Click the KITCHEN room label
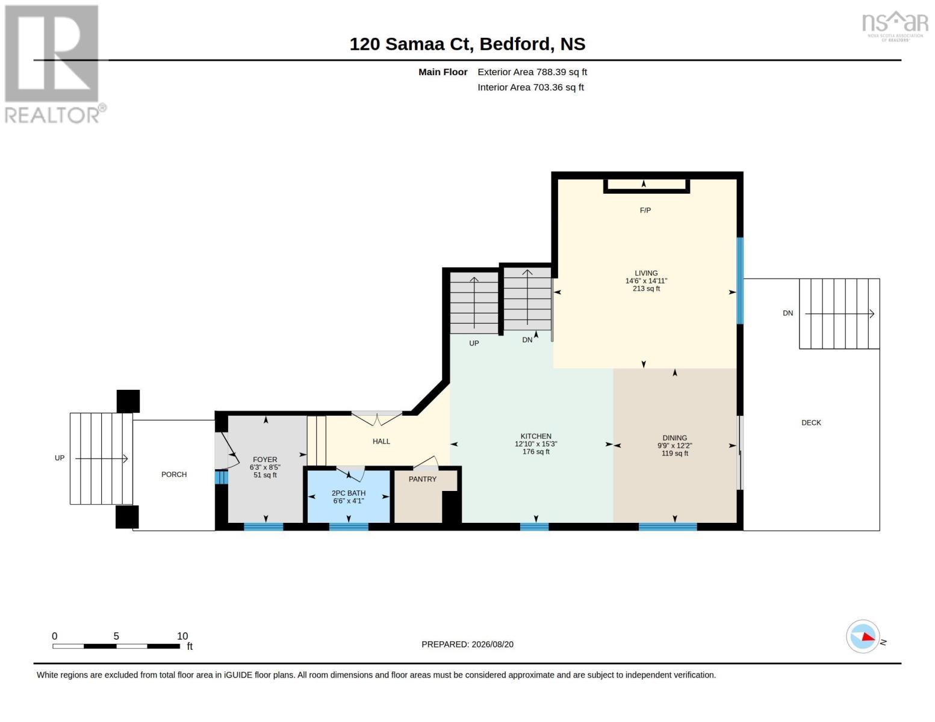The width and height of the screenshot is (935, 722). tap(536, 436)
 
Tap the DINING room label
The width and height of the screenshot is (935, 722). tap(674, 438)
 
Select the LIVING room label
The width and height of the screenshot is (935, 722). tap(646, 273)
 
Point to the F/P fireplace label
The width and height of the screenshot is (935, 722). tap(645, 210)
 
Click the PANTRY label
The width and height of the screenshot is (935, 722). tap(423, 479)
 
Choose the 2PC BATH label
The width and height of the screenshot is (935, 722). tap(349, 493)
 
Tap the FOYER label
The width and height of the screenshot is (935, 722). tap(265, 460)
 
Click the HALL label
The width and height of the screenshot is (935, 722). tap(381, 441)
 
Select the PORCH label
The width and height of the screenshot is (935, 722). tap(174, 474)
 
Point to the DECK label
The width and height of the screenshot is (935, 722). tap(811, 423)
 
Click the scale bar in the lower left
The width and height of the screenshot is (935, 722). tap(116, 646)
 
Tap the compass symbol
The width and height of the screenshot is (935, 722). tap(863, 637)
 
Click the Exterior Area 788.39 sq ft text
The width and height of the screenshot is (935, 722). tap(532, 72)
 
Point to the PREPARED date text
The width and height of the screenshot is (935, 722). tap(467, 644)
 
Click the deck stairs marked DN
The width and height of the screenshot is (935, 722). tap(839, 313)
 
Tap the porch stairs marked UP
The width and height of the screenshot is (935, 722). tap(101, 458)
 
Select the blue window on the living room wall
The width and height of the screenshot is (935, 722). tap(740, 280)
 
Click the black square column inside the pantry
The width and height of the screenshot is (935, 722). tap(451, 507)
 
